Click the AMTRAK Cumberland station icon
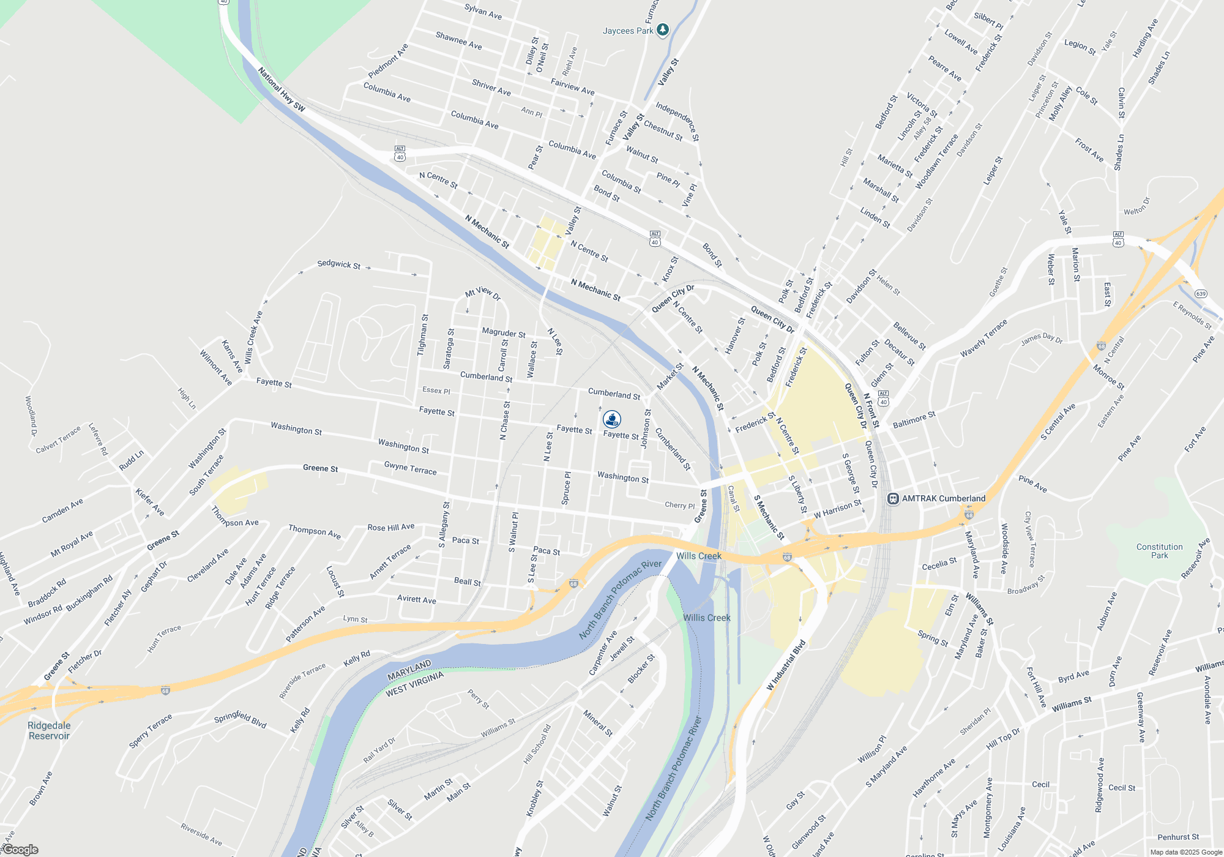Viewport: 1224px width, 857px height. [893, 499]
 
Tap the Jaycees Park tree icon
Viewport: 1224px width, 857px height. [662, 30]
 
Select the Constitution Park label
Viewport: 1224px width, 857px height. [1159, 551]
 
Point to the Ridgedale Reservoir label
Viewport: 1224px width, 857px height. [49, 730]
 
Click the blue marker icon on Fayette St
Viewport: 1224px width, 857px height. [612, 419]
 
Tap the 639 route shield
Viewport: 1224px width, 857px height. [1201, 294]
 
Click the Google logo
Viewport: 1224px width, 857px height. [20, 850]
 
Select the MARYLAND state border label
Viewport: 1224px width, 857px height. [409, 670]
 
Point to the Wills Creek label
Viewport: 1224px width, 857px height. [698, 556]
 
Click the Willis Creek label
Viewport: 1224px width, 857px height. [706, 618]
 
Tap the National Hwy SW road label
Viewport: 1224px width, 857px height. [281, 89]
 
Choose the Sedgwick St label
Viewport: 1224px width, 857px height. [338, 264]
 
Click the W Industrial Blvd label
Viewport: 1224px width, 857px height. [786, 665]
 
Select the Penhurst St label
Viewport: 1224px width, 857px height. [1178, 837]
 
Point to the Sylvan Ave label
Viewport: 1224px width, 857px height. [483, 12]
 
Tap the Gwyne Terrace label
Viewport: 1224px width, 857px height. [410, 468]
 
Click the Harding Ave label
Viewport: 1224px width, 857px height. [1145, 39]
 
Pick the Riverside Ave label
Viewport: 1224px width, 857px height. [201, 834]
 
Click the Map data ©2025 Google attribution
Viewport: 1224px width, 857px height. [1186, 852]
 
